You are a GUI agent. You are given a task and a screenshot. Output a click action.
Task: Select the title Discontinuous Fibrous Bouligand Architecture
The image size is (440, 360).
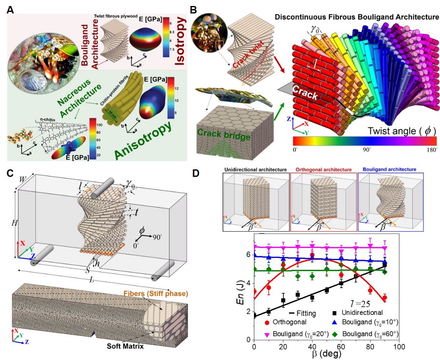[x=356, y=17]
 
